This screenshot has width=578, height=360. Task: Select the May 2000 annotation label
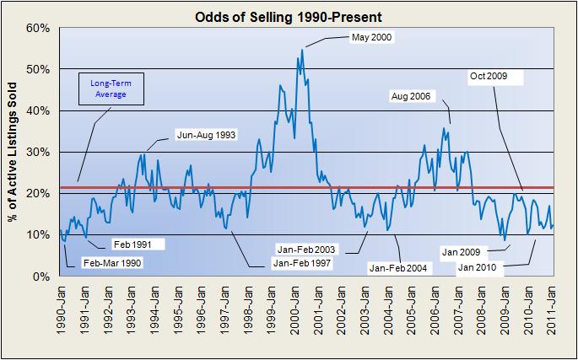coord(371,38)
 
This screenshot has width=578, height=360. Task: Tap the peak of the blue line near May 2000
coord(302,50)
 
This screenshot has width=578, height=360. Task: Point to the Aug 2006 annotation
coord(410,96)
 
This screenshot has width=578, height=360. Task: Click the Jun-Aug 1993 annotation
coord(206,134)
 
